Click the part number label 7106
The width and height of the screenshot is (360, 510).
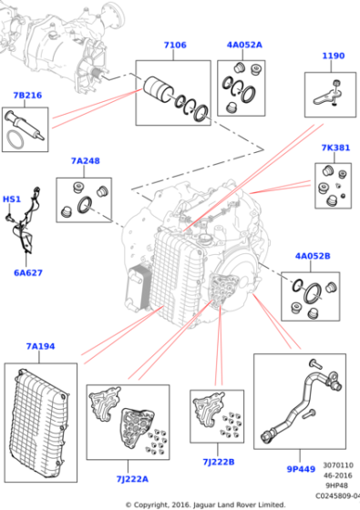tap(175, 45)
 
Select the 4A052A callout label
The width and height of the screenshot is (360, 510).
tap(244, 45)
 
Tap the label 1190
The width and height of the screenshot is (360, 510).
tap(333, 56)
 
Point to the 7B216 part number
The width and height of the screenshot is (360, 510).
tap(27, 96)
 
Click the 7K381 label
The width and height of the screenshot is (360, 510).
tap(335, 148)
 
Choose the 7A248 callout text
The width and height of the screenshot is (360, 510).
tap(86, 161)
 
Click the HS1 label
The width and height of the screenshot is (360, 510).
tap(12, 199)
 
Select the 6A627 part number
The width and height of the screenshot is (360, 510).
tap(28, 272)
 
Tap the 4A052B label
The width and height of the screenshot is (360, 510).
tap(313, 256)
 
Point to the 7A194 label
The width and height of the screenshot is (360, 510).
tap(40, 346)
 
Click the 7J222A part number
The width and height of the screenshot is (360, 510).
tap(132, 479)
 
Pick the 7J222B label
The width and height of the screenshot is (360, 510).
tap(219, 462)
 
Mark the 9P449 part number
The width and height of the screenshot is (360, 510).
tap(301, 469)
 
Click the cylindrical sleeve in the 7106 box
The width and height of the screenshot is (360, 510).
tap(159, 89)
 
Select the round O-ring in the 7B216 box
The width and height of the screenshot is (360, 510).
tap(15, 139)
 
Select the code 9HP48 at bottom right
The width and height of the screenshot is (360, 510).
tap(336, 485)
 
